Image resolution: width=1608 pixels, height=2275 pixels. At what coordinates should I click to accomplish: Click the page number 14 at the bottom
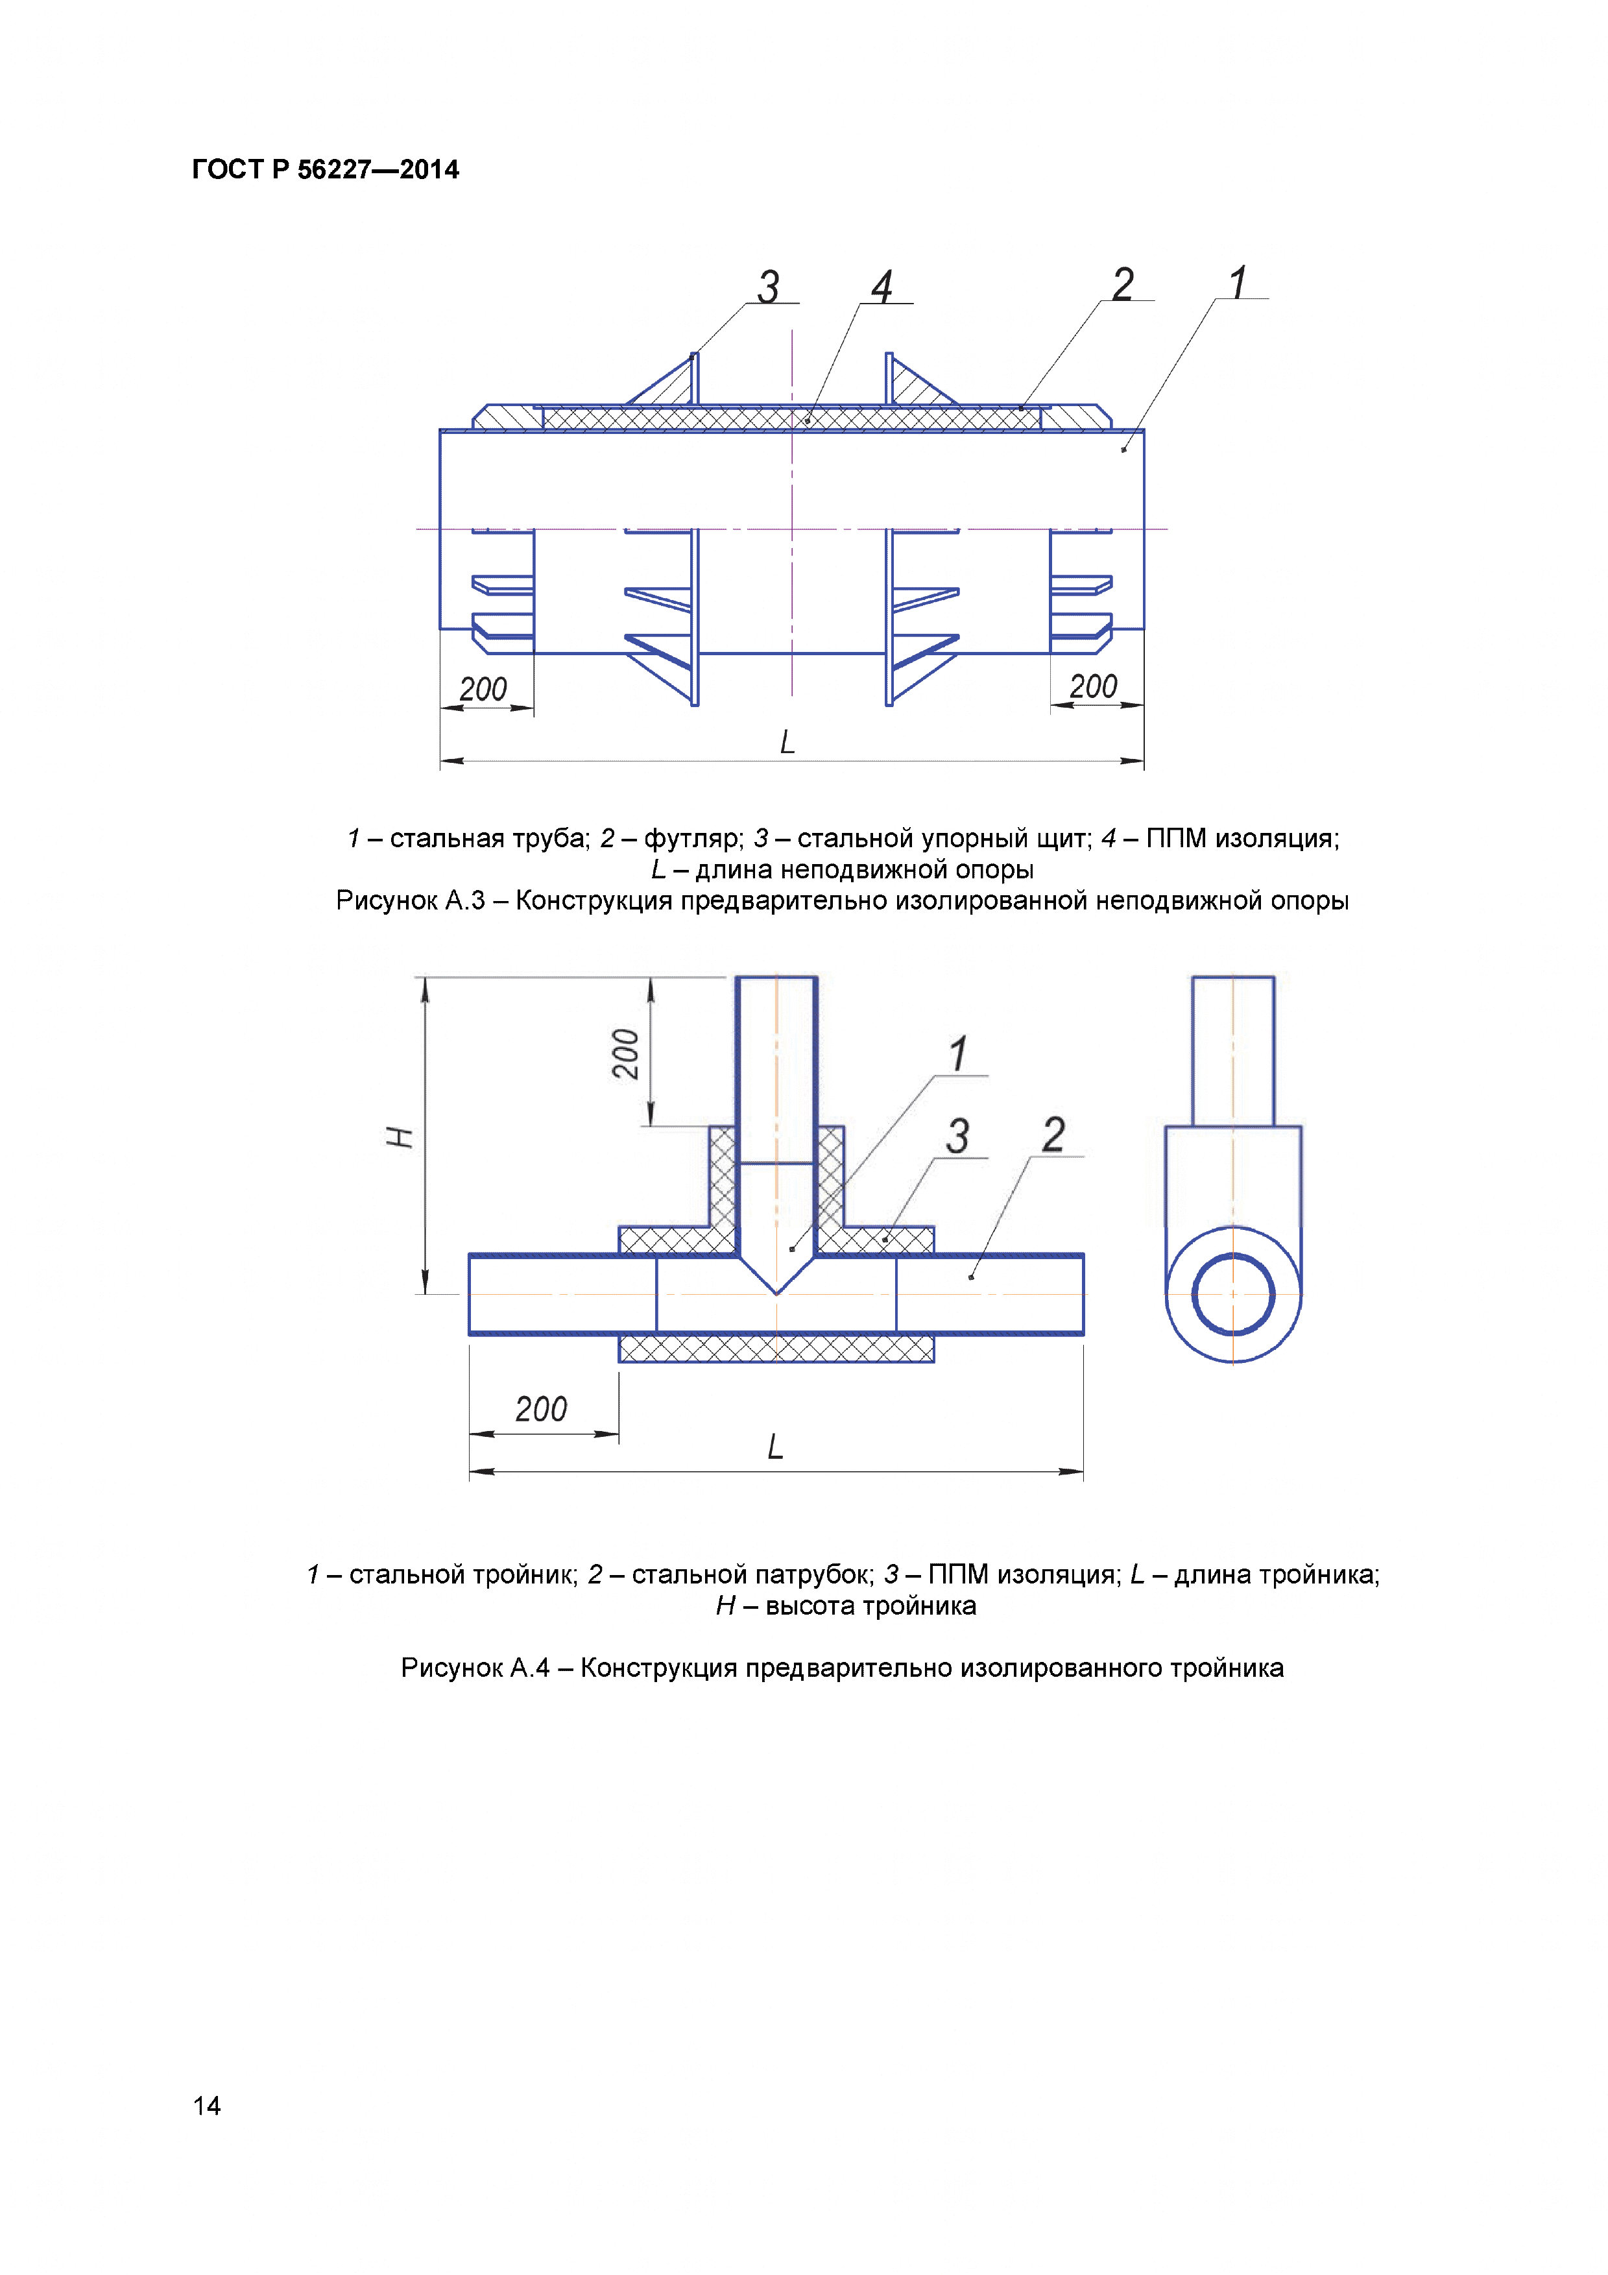coord(207,2106)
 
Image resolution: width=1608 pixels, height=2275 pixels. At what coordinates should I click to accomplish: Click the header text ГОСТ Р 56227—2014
coord(325,169)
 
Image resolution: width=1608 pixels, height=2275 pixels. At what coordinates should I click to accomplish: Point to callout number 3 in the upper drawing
coord(769,287)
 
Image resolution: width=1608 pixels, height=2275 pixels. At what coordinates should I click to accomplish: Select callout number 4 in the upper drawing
coord(882,287)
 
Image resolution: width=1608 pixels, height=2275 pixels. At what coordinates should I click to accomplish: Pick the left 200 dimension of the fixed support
coord(483,689)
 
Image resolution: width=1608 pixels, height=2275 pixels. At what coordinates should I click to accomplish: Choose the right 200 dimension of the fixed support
coord(1093,686)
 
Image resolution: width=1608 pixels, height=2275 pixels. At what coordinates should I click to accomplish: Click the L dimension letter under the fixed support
coord(787,742)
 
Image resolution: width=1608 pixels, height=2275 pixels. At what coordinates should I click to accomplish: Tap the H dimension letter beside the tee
coord(400,1137)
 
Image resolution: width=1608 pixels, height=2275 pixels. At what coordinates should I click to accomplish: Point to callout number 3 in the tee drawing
coord(957,1135)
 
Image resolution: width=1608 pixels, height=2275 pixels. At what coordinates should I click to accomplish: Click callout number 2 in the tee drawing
coord(1053,1135)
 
